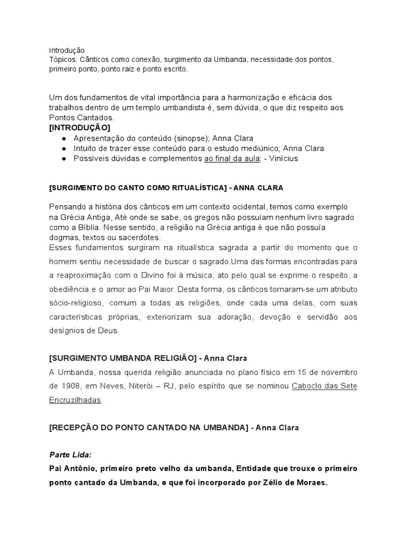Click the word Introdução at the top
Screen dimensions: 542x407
pyautogui.click(x=67, y=50)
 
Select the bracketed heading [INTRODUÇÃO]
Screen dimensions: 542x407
pyautogui.click(x=79, y=128)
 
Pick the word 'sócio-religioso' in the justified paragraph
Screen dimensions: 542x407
pyautogui.click(x=77, y=304)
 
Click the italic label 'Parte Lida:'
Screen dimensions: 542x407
pyautogui.click(x=70, y=455)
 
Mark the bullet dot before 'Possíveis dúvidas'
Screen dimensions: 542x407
pyautogui.click(x=64, y=158)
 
